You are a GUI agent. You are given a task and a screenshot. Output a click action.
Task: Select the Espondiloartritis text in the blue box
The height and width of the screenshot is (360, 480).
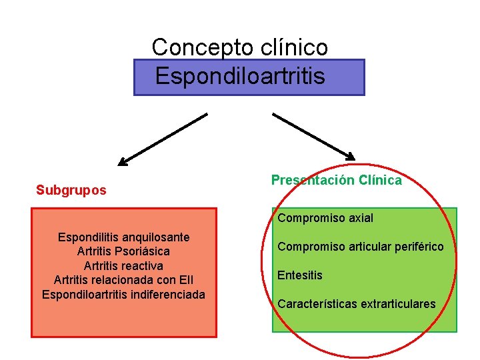click(240, 77)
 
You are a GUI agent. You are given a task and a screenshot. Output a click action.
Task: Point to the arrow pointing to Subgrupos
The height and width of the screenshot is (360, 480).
click(163, 139)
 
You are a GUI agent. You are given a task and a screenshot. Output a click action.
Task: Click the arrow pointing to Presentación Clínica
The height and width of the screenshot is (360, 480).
click(314, 136)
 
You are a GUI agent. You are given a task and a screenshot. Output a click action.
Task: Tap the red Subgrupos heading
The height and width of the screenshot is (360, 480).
click(71, 191)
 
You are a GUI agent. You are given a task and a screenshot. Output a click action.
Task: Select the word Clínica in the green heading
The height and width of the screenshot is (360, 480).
click(380, 180)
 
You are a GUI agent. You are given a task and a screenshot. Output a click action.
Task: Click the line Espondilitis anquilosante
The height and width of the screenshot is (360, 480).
click(123, 237)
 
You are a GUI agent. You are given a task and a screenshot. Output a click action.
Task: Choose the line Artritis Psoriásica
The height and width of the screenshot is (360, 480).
click(123, 251)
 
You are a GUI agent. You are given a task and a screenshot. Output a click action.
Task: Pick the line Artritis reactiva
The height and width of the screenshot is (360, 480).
click(123, 266)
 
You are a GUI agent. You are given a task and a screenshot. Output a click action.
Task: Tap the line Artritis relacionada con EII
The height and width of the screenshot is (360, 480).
click(123, 280)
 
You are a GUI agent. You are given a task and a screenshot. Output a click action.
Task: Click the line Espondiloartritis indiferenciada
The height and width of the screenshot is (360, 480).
click(123, 294)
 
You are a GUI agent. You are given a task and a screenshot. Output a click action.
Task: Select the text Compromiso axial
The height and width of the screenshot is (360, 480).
click(325, 218)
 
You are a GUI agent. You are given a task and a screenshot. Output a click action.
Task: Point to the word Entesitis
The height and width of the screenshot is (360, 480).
click(300, 275)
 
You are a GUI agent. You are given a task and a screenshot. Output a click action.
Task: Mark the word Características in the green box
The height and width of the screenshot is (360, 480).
click(317, 304)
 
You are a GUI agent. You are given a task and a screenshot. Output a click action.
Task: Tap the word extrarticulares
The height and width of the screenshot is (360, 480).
click(398, 304)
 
